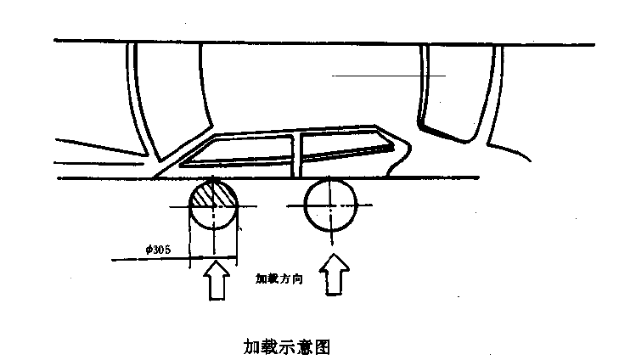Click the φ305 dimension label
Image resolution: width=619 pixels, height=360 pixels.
158,250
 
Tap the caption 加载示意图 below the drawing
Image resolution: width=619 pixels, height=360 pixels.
287,346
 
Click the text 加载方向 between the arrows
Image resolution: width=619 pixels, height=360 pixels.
279,279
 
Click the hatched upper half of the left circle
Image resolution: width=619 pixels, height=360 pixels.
214,194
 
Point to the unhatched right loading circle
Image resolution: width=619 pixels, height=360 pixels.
331,205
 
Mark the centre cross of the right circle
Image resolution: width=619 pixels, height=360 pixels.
331,205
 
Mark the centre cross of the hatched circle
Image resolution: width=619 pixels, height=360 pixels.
214,206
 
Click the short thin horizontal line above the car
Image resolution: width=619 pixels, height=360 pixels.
389,76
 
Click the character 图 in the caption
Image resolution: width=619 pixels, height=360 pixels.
322,346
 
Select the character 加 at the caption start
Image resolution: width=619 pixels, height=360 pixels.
251,346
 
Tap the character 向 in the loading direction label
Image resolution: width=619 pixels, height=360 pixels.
297,279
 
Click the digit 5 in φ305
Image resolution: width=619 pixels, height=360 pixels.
167,250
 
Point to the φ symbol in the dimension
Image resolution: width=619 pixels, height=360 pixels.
149,250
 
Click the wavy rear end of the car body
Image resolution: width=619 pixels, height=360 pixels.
399,158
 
